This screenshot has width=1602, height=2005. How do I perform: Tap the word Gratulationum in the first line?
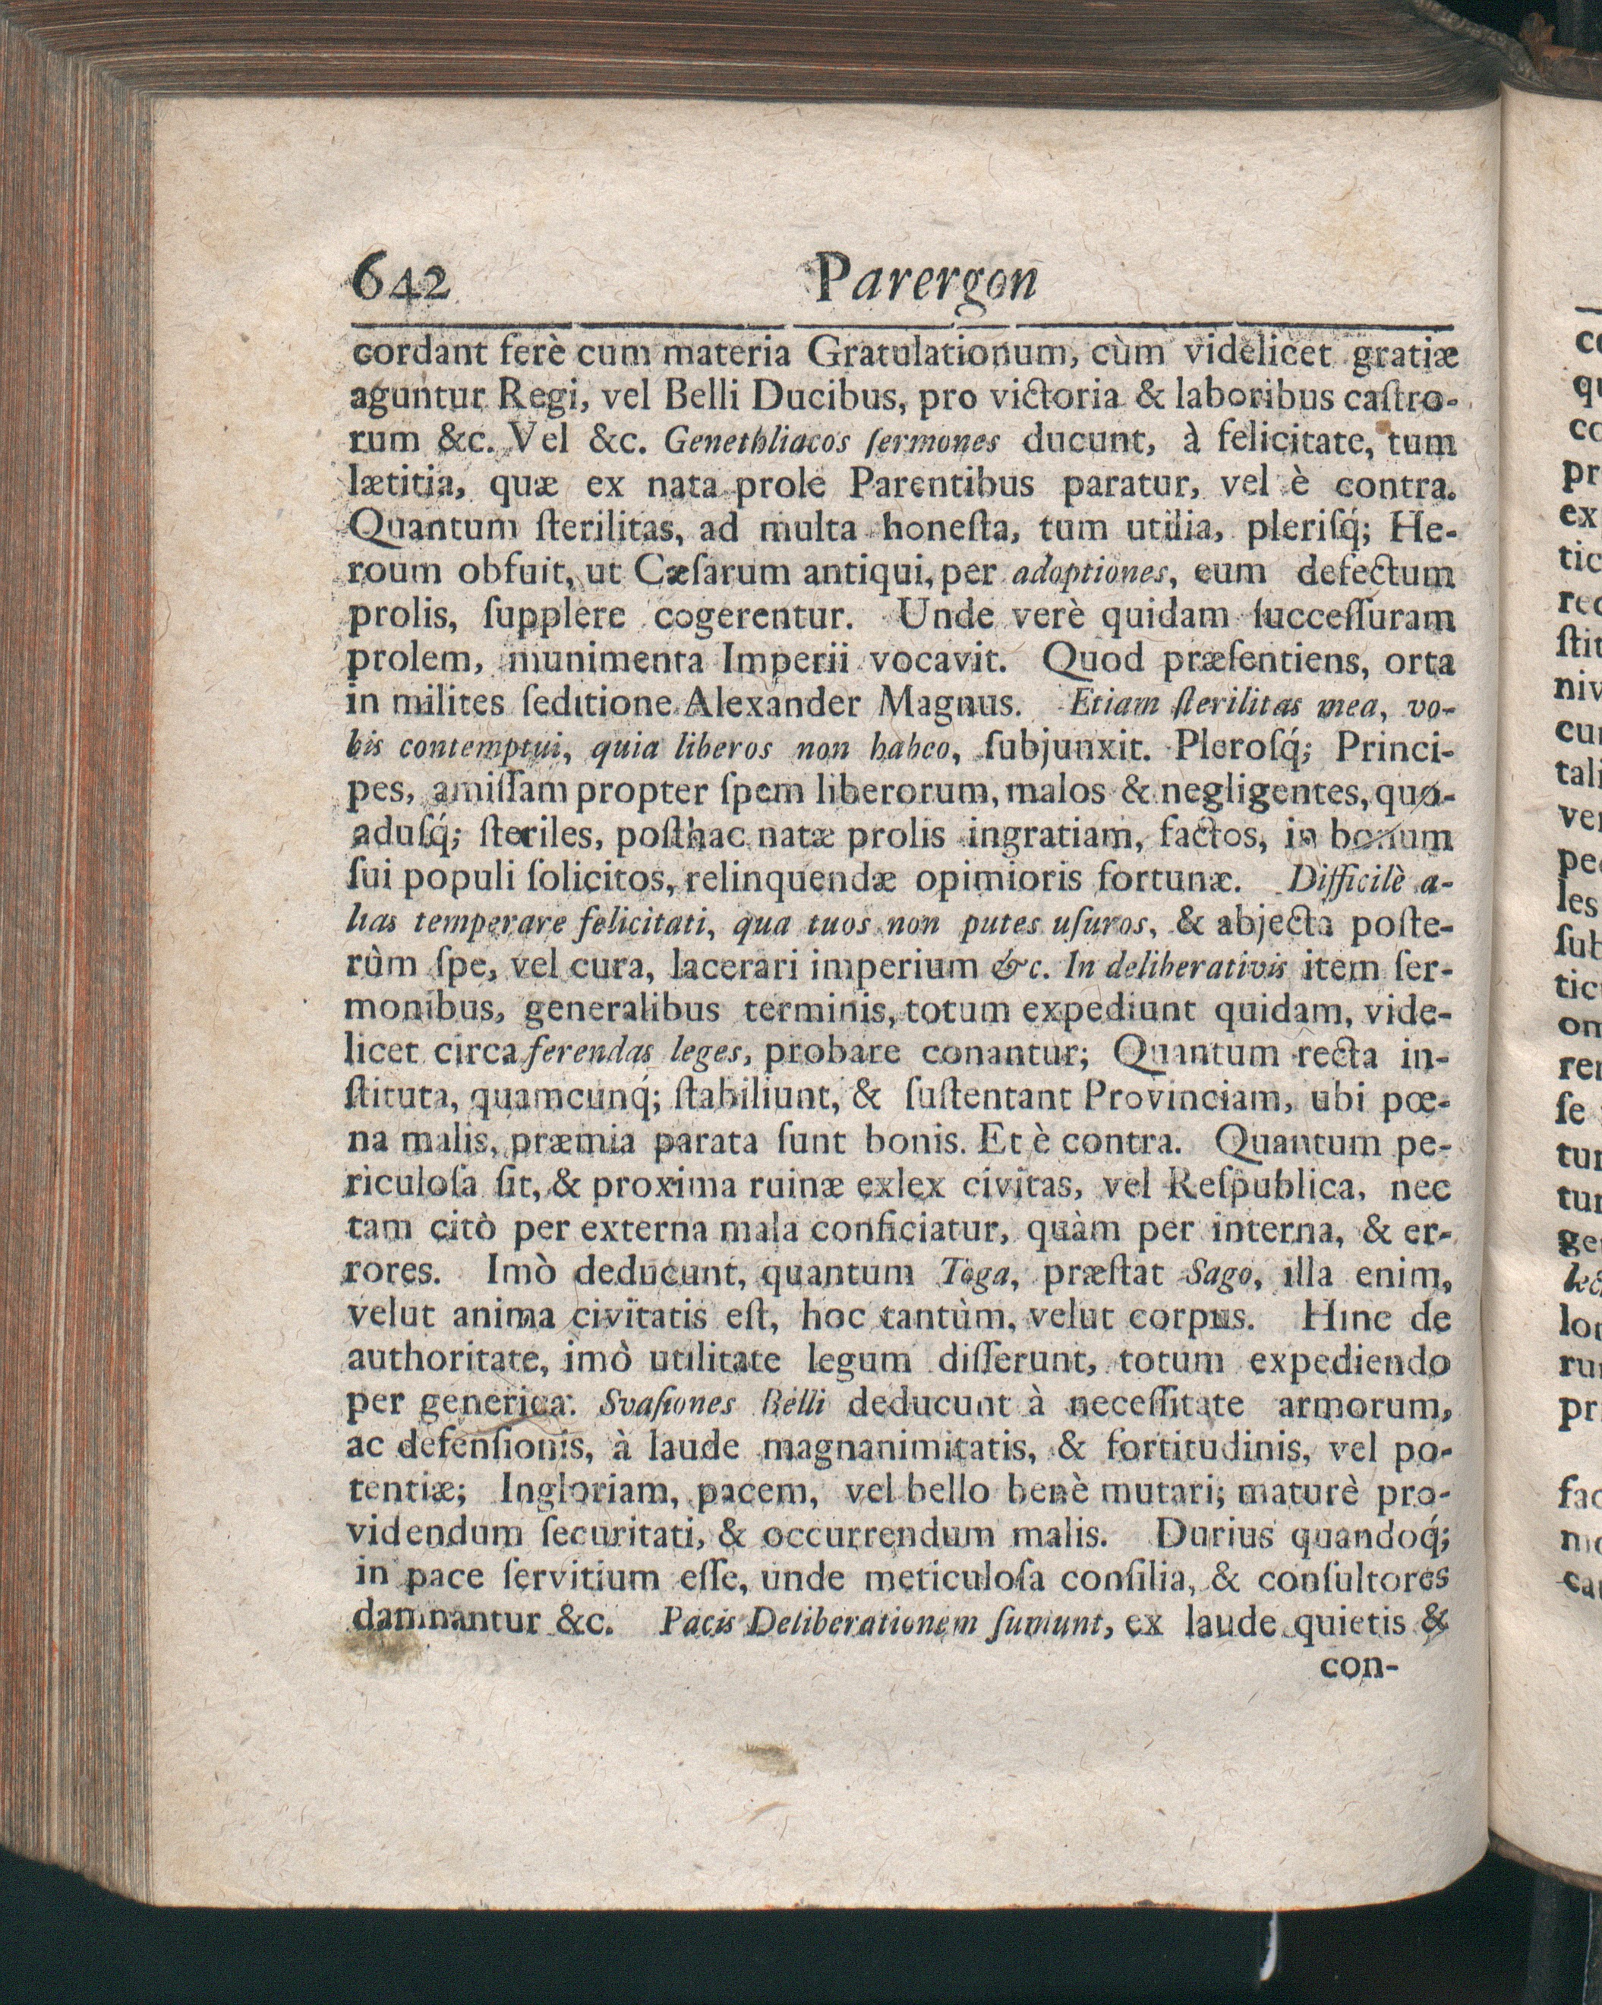936,355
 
